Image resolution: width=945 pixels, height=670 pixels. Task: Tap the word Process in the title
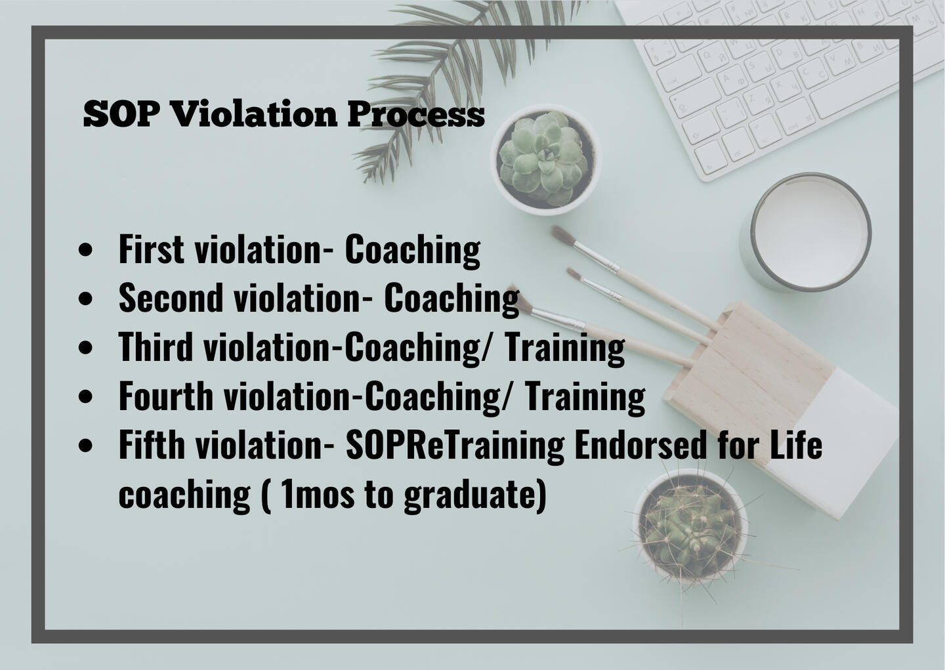pyautogui.click(x=416, y=114)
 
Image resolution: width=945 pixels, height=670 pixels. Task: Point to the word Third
pyautogui.click(x=156, y=346)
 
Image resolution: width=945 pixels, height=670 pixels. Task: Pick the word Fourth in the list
pyautogui.click(x=166, y=395)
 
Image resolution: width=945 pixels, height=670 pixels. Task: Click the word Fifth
pyautogui.click(x=152, y=444)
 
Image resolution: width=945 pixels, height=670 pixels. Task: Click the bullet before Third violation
pyautogui.click(x=85, y=348)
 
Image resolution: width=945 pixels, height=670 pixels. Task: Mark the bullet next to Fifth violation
pyautogui.click(x=85, y=446)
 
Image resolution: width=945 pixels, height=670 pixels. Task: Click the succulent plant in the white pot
pyautogui.click(x=543, y=159)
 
